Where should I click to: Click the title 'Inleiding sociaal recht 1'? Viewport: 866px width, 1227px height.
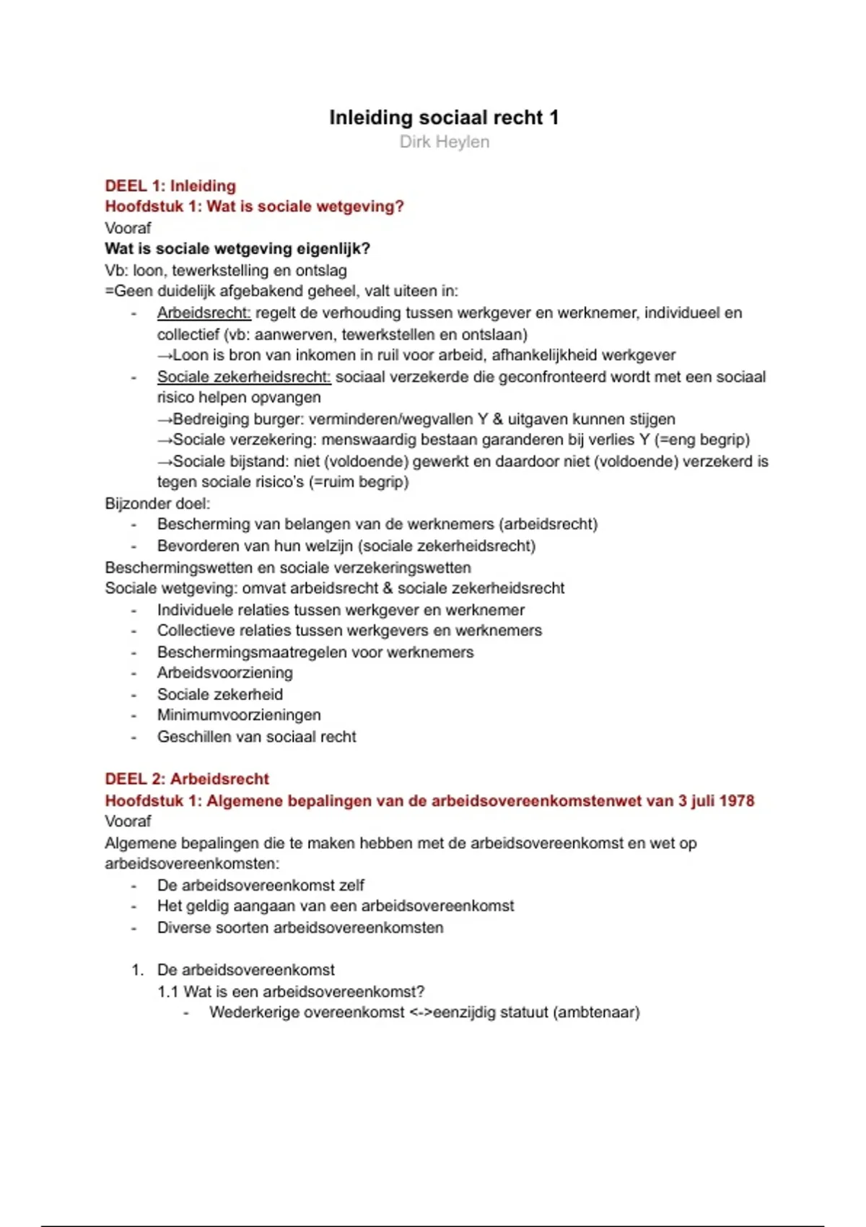pyautogui.click(x=444, y=118)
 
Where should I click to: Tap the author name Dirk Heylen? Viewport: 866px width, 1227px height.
pyautogui.click(x=444, y=141)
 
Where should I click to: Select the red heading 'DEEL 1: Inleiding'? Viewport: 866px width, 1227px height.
pyautogui.click(x=170, y=185)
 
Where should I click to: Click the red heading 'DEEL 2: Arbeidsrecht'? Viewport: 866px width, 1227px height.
pyautogui.click(x=187, y=779)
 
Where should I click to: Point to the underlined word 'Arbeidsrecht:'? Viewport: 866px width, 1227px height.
pyautogui.click(x=204, y=313)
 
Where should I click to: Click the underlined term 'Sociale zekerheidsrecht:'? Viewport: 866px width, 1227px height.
pyautogui.click(x=244, y=377)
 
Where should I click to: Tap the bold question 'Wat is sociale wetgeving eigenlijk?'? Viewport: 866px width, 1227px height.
pyautogui.click(x=237, y=249)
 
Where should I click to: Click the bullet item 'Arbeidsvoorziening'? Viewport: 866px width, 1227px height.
pyautogui.click(x=225, y=673)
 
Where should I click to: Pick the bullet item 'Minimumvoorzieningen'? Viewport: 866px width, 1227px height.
pyautogui.click(x=239, y=715)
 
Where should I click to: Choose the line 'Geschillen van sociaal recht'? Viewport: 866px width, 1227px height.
pyautogui.click(x=257, y=736)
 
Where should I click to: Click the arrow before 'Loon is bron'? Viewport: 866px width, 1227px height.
pyautogui.click(x=165, y=355)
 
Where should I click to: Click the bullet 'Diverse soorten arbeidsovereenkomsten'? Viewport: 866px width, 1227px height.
pyautogui.click(x=300, y=927)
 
